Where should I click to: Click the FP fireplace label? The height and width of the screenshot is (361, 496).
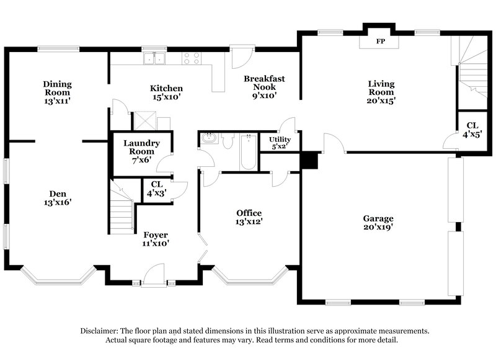[380, 43]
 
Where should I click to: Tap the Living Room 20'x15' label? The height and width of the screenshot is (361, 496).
[381, 92]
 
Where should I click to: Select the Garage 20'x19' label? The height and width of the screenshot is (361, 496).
[378, 223]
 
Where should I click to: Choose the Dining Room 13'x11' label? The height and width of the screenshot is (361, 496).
[57, 92]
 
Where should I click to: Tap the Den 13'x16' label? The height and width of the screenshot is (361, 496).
[56, 197]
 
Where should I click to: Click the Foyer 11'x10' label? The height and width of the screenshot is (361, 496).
[156, 239]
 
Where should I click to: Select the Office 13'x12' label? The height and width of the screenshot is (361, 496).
[248, 217]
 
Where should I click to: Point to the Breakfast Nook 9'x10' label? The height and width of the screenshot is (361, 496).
[264, 87]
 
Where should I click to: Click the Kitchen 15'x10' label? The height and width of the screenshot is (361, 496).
[166, 92]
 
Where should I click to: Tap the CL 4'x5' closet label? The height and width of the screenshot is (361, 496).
[472, 130]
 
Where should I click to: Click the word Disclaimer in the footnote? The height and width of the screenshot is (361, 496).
[103, 331]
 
